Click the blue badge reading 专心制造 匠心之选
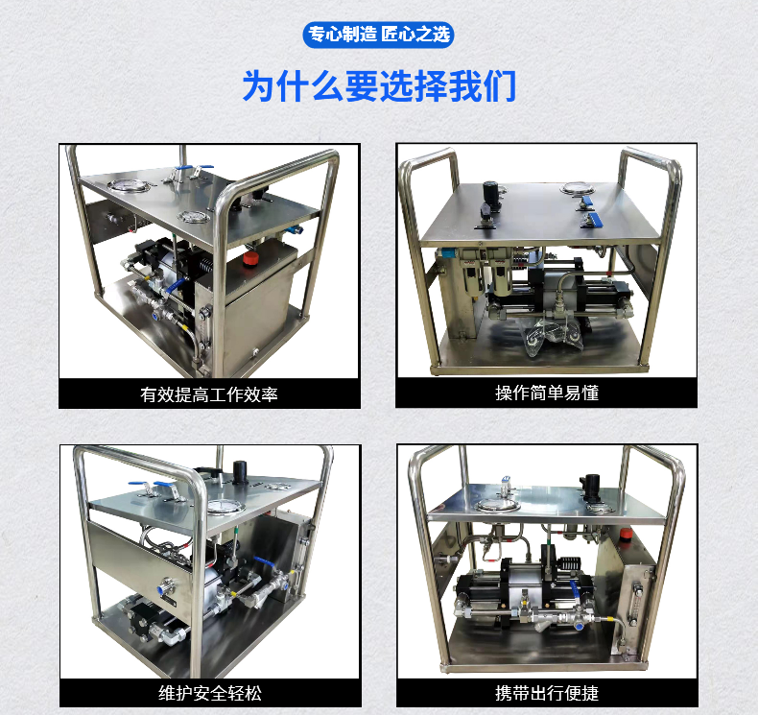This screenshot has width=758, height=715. click(378, 35)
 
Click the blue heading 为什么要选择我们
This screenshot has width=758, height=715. click(379, 86)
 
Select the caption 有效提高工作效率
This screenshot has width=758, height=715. click(209, 394)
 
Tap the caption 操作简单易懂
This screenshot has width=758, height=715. click(547, 393)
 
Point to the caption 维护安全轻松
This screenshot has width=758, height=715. click(210, 693)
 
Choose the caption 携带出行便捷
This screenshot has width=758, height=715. click(547, 693)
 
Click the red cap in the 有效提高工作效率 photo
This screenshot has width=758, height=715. click(250, 258)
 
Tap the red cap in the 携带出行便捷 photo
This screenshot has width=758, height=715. click(627, 535)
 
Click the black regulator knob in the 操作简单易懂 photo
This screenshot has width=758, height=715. click(490, 190)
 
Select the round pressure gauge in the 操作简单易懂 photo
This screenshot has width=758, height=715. click(577, 188)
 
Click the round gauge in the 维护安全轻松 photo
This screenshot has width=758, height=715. click(225, 506)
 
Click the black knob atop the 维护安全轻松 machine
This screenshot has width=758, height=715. click(240, 471)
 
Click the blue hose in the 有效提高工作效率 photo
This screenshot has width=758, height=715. click(174, 285)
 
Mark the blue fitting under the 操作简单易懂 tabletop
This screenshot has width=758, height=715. click(447, 252)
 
